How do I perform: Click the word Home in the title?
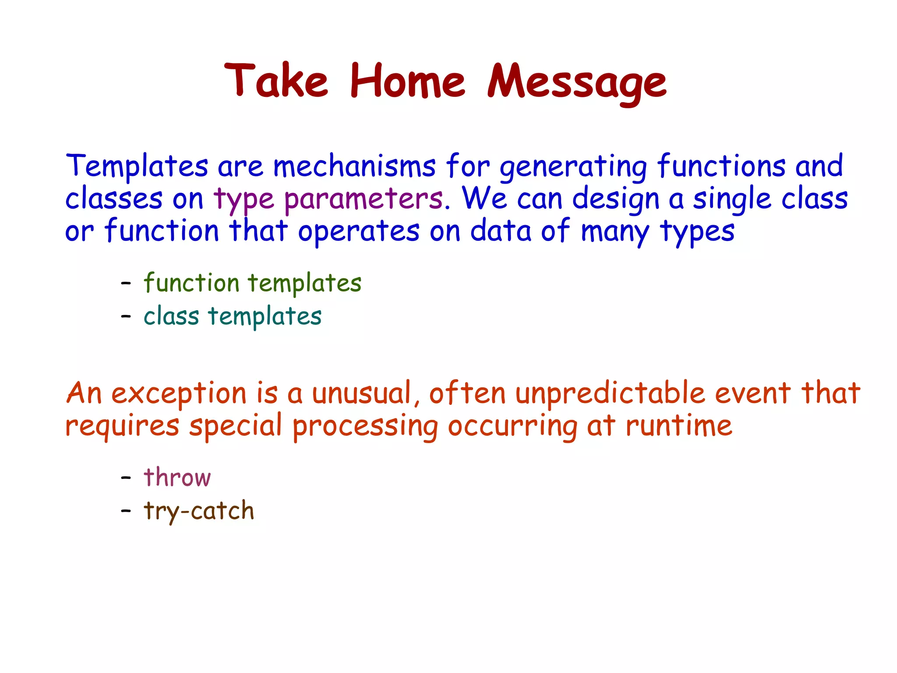(407, 81)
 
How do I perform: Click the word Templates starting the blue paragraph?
(137, 167)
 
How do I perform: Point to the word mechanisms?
(354, 167)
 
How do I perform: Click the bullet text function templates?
(253, 283)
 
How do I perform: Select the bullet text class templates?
(233, 316)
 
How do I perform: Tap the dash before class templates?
(126, 316)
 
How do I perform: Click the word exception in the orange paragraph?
(179, 393)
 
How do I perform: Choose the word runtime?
(679, 426)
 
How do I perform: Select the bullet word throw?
(177, 477)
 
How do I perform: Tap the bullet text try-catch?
(199, 511)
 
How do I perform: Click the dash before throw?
(126, 478)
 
